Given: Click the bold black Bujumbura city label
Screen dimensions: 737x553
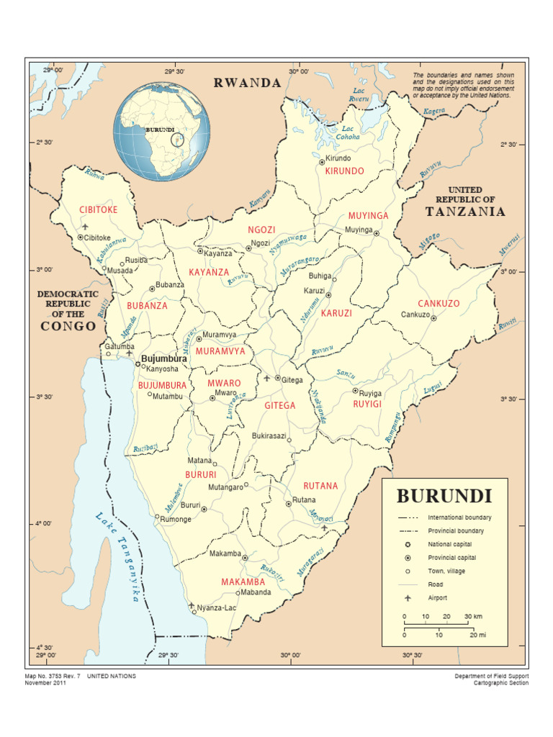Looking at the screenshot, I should tap(164, 358).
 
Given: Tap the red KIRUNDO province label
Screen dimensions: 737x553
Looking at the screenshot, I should tap(344, 171).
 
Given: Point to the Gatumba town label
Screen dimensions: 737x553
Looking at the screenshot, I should tap(120, 346).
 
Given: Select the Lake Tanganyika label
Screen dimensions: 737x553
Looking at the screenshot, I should tap(117, 558).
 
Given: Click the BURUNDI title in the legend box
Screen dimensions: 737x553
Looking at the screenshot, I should tap(444, 496).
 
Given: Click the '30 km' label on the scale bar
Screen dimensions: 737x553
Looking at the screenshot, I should tap(472, 617).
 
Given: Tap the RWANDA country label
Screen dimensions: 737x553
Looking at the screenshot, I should tap(247, 83).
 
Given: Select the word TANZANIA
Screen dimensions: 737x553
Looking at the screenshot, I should tap(465, 212).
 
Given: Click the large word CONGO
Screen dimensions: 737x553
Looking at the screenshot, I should tap(68, 326).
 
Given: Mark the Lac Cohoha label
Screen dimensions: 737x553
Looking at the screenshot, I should tap(351, 132).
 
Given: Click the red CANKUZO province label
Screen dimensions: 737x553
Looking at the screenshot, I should tap(439, 304).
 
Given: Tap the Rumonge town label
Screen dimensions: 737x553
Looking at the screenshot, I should tap(176, 520).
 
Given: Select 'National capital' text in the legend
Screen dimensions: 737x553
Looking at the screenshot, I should tap(451, 544).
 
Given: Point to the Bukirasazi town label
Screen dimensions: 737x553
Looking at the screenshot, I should tap(269, 436).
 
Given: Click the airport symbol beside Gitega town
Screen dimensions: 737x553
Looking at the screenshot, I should tap(266, 378).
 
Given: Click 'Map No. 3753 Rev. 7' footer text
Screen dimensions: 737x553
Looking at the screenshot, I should tap(53, 677).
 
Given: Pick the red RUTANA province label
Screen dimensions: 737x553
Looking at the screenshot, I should tap(320, 486).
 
